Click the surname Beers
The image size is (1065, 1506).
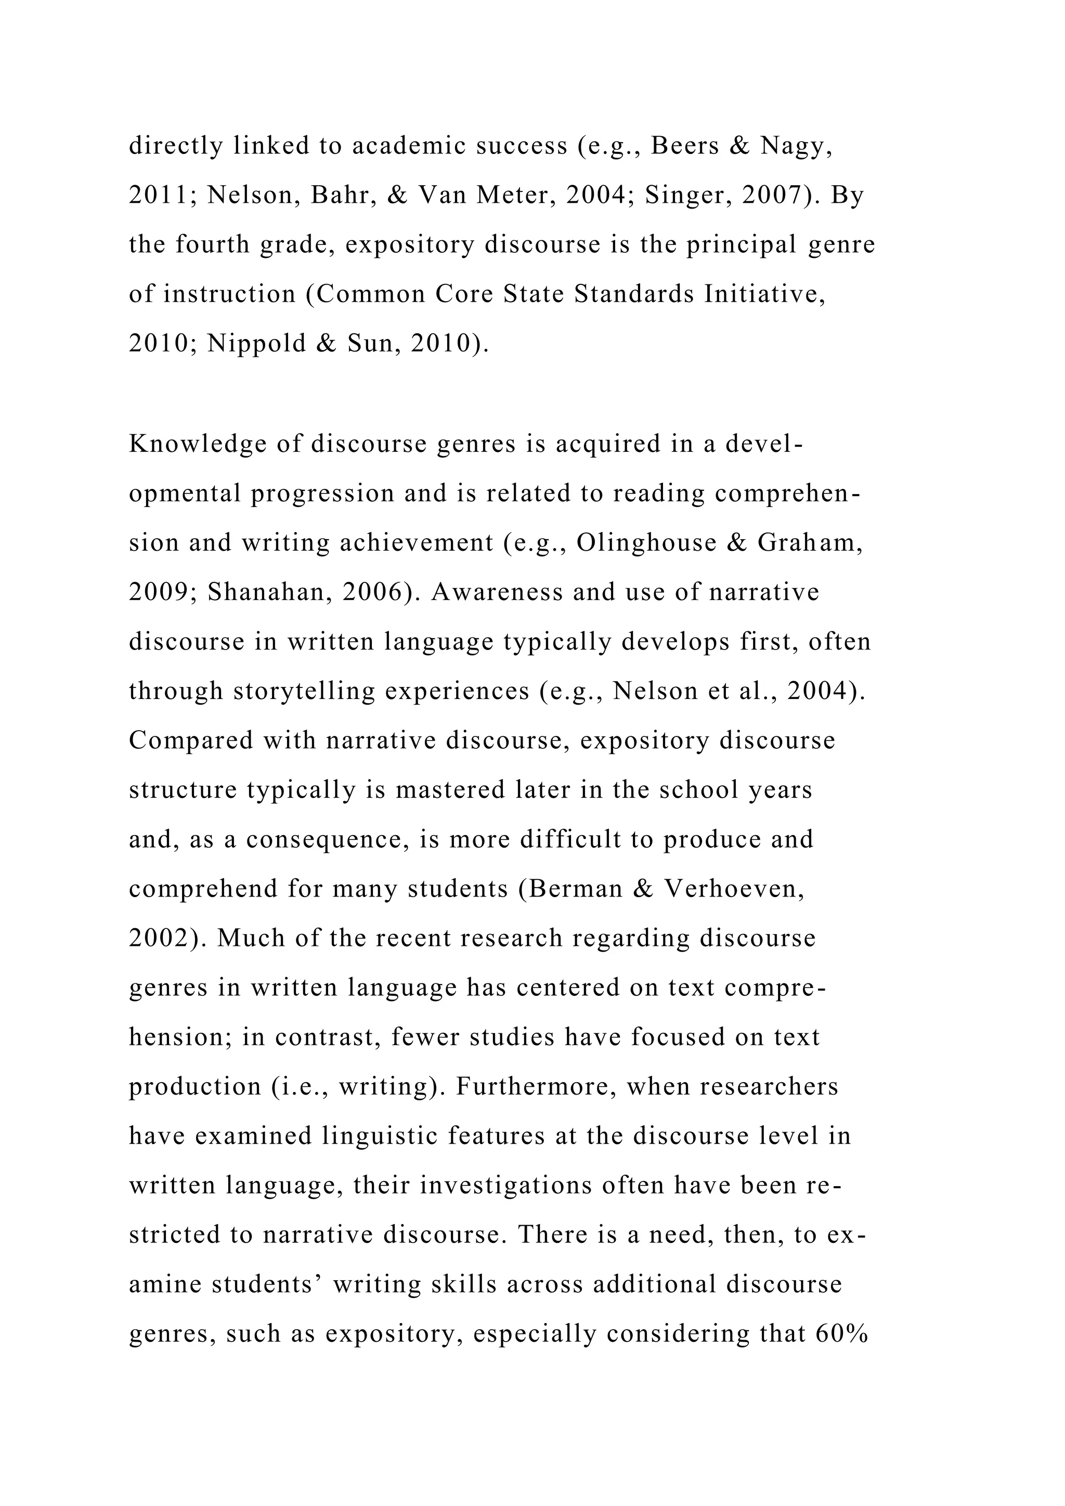point(685,146)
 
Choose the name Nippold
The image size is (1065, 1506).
point(256,343)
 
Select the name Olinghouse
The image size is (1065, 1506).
point(646,542)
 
